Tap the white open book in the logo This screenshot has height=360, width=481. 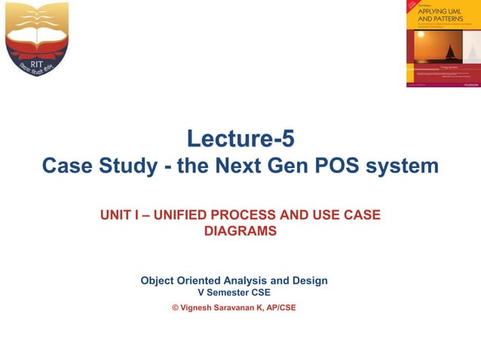[x=37, y=17]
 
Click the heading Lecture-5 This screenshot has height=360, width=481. [x=240, y=139]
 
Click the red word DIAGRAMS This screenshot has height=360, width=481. [x=240, y=231]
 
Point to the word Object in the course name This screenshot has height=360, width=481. [x=161, y=281]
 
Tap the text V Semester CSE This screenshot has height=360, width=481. [x=234, y=293]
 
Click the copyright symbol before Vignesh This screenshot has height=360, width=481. [x=176, y=307]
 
